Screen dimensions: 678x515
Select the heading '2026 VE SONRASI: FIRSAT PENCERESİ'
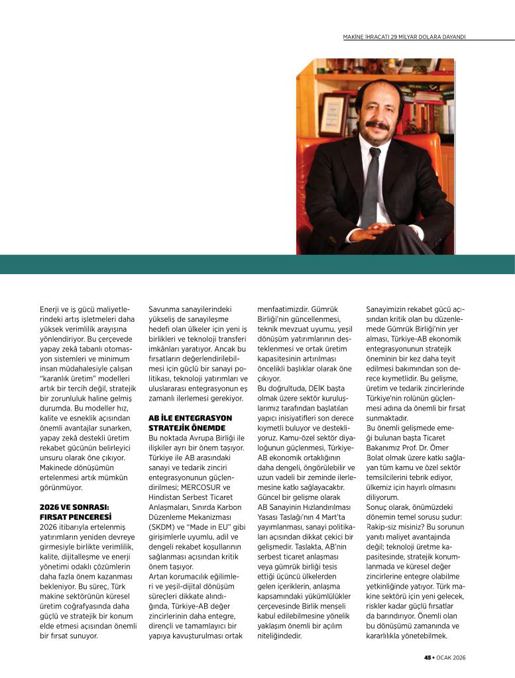74,511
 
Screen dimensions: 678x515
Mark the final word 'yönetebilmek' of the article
421,636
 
